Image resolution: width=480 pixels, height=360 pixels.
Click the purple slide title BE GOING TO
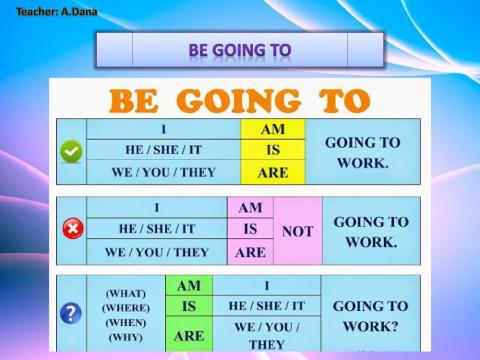click(240, 49)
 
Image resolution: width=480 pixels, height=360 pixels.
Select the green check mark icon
click(71, 151)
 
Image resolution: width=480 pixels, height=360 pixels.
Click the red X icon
click(72, 230)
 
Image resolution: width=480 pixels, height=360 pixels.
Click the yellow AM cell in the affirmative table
click(272, 130)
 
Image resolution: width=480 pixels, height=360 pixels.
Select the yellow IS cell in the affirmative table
click(272, 151)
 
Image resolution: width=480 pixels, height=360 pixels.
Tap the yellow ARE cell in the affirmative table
click(272, 172)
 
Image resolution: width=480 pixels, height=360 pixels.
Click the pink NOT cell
click(297, 230)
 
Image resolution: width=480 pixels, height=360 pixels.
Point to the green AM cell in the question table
click(189, 286)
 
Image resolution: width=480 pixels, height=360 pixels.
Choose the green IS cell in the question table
click(189, 306)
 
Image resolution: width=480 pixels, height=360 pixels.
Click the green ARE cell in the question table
click(189, 335)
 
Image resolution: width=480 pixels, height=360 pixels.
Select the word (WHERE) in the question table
click(127, 308)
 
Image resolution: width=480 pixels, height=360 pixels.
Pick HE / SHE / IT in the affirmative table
click(163, 151)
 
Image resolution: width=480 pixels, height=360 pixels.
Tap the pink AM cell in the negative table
click(250, 208)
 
